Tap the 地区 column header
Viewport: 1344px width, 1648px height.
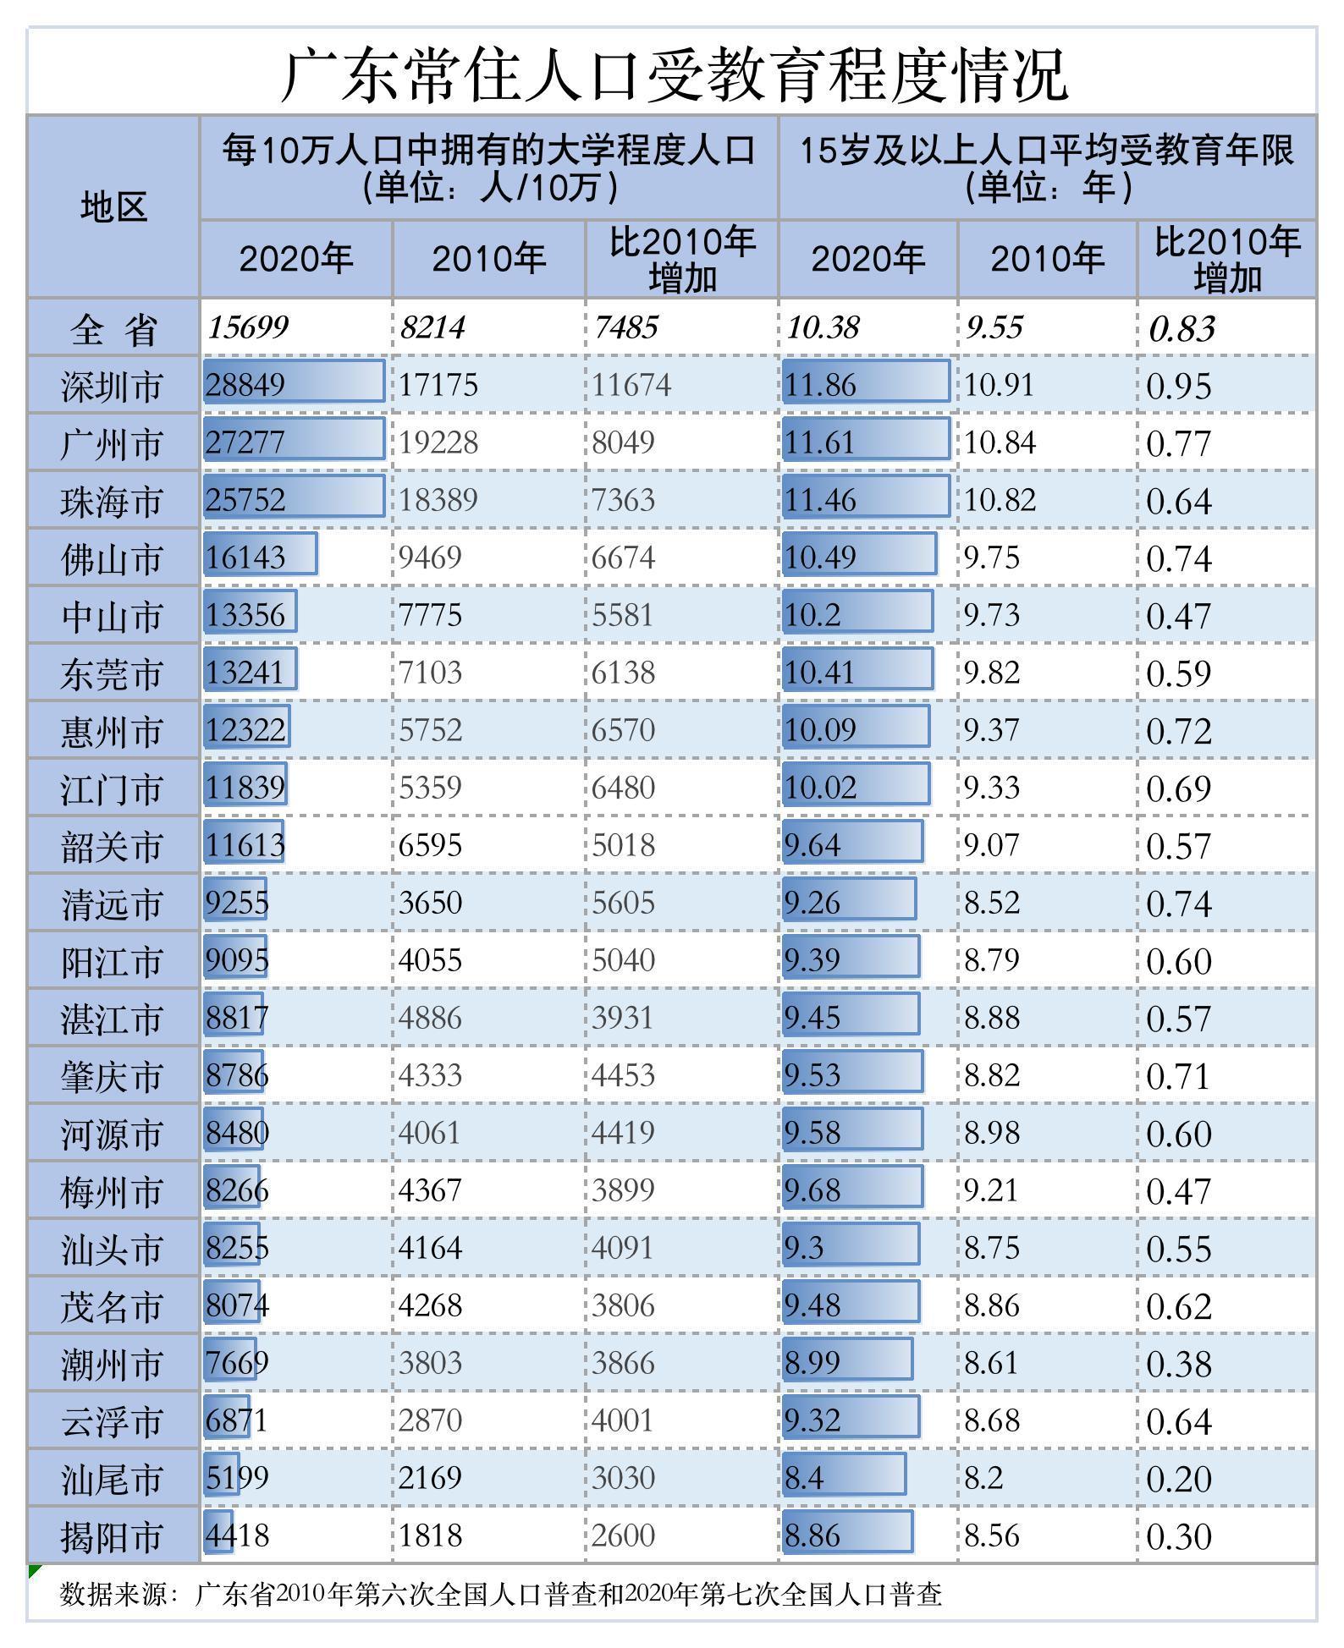113,206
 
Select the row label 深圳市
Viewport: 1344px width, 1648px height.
111,387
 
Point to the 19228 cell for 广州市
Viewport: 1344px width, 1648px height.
438,442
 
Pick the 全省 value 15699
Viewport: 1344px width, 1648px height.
249,327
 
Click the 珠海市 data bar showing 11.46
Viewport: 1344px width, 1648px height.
866,499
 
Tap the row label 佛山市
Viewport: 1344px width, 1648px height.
111,559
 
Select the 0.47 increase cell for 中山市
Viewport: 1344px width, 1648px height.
1179,616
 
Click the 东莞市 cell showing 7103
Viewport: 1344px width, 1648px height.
431,673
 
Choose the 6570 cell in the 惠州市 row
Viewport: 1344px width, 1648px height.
623,730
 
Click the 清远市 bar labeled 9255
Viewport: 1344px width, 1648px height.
236,902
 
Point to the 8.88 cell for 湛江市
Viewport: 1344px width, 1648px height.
992,1018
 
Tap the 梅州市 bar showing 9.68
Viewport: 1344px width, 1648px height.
851,1189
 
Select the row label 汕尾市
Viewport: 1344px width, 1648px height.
111,1479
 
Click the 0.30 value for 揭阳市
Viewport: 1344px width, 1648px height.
1179,1536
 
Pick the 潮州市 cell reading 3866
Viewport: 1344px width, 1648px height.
623,1363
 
